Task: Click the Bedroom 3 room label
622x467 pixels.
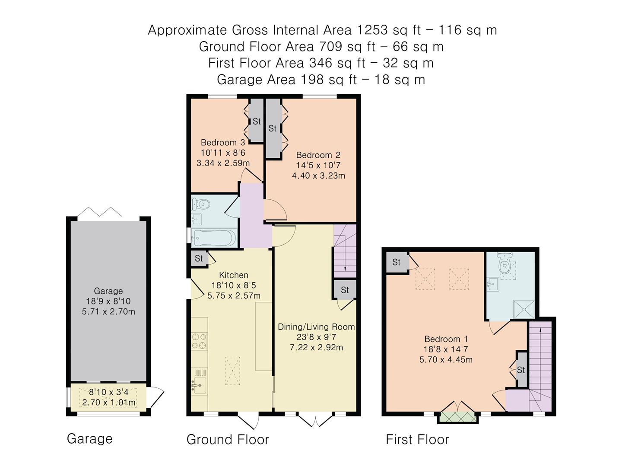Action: click(x=223, y=142)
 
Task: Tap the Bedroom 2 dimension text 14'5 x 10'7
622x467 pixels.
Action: click(x=318, y=165)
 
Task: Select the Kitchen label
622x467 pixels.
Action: click(x=234, y=275)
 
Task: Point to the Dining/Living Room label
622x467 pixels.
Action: click(x=316, y=327)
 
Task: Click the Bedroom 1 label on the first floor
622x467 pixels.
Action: click(x=446, y=339)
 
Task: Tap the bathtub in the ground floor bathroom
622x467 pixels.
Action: click(x=214, y=238)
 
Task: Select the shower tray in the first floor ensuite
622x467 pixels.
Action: click(x=524, y=309)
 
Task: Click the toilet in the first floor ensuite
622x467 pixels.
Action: click(x=505, y=263)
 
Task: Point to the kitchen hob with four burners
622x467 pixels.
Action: click(x=200, y=341)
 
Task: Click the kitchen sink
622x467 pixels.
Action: click(x=199, y=385)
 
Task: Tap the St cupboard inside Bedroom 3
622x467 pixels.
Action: click(x=257, y=121)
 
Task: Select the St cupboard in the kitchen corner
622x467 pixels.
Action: click(x=199, y=258)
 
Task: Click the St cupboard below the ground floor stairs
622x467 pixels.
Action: click(x=345, y=290)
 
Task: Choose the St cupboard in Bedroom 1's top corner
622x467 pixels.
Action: click(x=397, y=262)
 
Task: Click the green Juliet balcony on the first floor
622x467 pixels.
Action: click(x=457, y=417)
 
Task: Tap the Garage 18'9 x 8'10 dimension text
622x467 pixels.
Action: click(x=108, y=301)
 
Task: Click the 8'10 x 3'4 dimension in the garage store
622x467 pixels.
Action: click(x=108, y=392)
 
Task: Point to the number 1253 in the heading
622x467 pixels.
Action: click(x=372, y=30)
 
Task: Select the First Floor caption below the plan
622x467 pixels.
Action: click(x=417, y=439)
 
